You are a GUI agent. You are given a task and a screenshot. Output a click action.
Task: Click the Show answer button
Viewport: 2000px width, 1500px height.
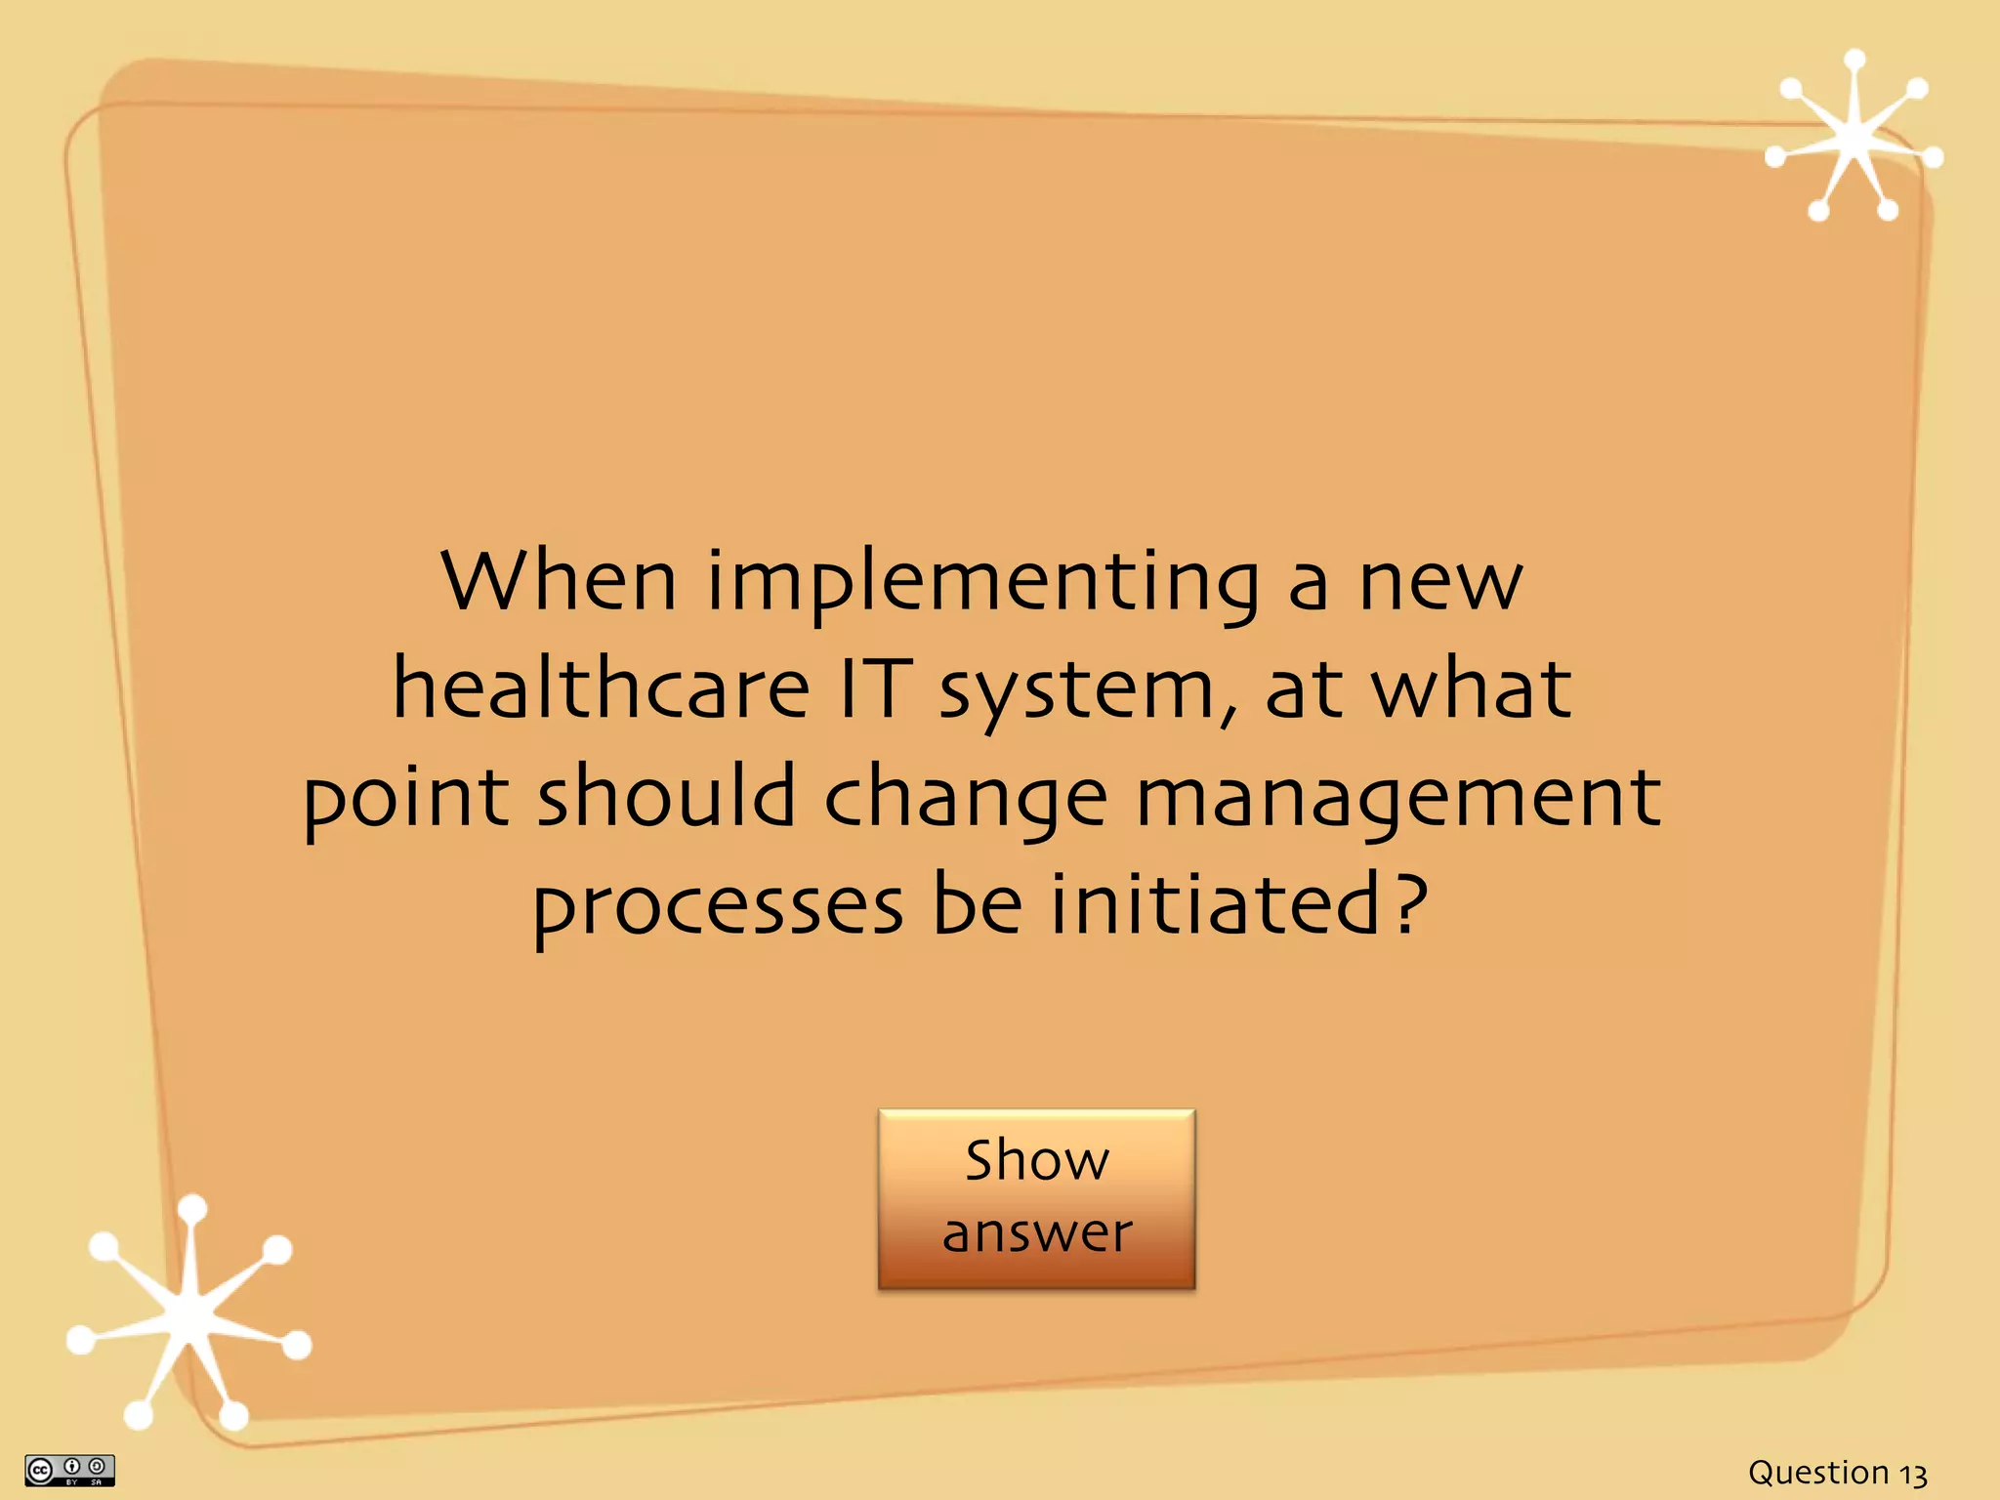[x=1036, y=1198]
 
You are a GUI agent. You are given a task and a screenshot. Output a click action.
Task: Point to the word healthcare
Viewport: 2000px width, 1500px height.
[x=601, y=688]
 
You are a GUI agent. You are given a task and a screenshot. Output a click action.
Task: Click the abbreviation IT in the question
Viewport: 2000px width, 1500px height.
[x=876, y=688]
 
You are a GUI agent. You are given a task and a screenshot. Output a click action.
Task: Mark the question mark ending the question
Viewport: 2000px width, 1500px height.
[x=1409, y=903]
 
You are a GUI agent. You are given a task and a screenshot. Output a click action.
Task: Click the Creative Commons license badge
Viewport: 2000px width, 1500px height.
[x=69, y=1470]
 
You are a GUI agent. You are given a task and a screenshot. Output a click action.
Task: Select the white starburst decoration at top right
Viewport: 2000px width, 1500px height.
[x=1854, y=140]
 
